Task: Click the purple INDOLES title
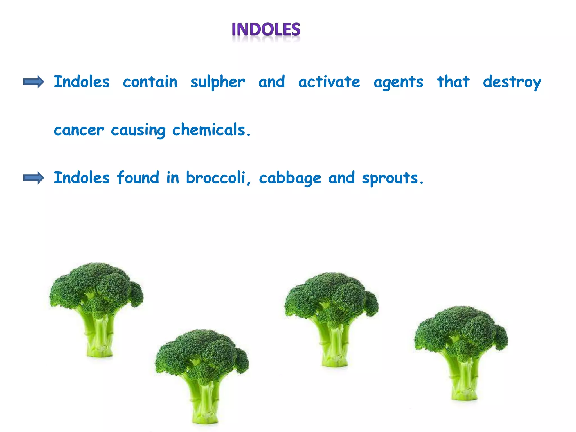(266, 30)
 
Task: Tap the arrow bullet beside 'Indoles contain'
(33, 82)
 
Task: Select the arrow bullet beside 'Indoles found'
(33, 178)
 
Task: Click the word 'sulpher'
(218, 82)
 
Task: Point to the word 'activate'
(329, 82)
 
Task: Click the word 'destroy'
(512, 82)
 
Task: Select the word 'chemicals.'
(211, 130)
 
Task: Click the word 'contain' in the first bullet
(150, 82)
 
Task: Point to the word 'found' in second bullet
(138, 178)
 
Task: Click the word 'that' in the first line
(453, 82)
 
